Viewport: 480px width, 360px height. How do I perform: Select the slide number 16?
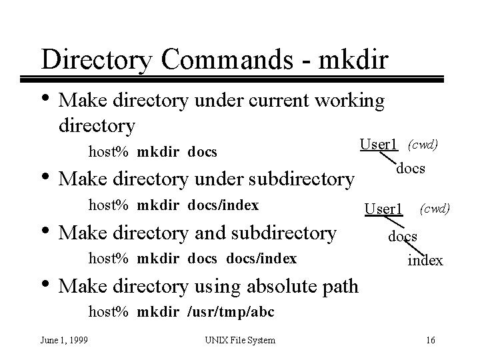430,341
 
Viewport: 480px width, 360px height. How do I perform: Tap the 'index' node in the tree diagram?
425,260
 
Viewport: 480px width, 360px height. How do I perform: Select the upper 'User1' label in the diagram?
379,144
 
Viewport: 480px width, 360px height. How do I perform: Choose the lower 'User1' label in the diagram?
383,210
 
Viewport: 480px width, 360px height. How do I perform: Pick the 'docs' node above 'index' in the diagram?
403,236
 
